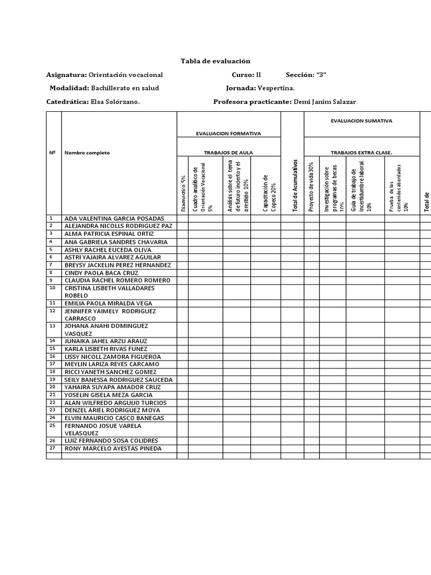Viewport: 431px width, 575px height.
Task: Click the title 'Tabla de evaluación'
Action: point(215,61)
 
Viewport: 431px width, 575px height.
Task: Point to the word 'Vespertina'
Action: point(276,88)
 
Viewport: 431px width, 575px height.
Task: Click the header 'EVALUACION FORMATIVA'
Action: point(228,134)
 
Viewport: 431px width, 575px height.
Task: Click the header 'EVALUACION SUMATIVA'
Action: point(361,121)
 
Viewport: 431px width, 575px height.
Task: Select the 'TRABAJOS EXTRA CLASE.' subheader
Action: point(361,152)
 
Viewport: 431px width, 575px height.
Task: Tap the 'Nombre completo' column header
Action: point(88,153)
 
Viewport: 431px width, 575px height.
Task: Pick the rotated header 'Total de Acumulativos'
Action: point(293,186)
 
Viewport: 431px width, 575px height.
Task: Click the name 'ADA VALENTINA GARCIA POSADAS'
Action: point(114,218)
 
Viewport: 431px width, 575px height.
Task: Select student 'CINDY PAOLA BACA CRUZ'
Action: point(102,272)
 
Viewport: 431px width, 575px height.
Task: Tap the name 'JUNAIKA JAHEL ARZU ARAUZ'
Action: point(106,341)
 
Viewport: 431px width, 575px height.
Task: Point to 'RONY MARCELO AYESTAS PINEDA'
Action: point(113,449)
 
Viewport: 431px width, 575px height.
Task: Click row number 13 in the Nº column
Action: point(52,326)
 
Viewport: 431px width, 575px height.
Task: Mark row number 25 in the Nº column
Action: point(52,426)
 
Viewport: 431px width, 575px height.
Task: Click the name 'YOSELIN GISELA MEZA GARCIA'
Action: point(109,395)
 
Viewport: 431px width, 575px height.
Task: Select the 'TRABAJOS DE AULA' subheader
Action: point(228,152)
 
